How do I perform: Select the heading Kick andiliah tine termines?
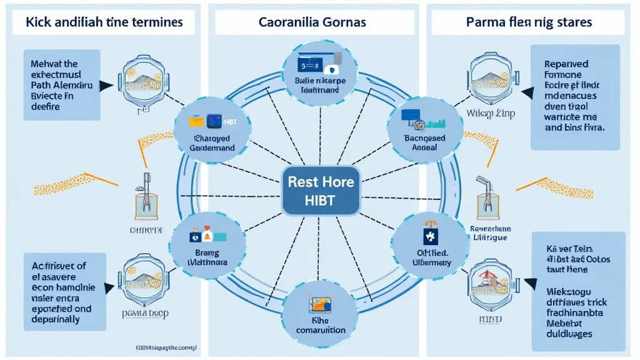[x=104, y=22]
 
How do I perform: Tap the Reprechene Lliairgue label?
[x=491, y=233]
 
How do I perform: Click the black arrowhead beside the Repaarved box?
[x=527, y=93]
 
